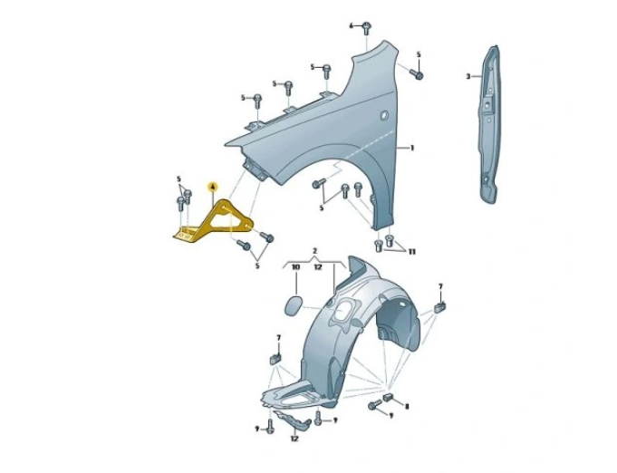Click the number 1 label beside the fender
click(x=412, y=148)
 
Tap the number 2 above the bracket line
click(x=314, y=251)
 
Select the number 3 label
click(x=468, y=76)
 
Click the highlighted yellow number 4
click(x=213, y=187)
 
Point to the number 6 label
click(x=352, y=26)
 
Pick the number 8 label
click(x=407, y=406)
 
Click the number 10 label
click(x=295, y=267)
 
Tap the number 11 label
click(x=412, y=252)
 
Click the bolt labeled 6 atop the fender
click(x=367, y=28)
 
